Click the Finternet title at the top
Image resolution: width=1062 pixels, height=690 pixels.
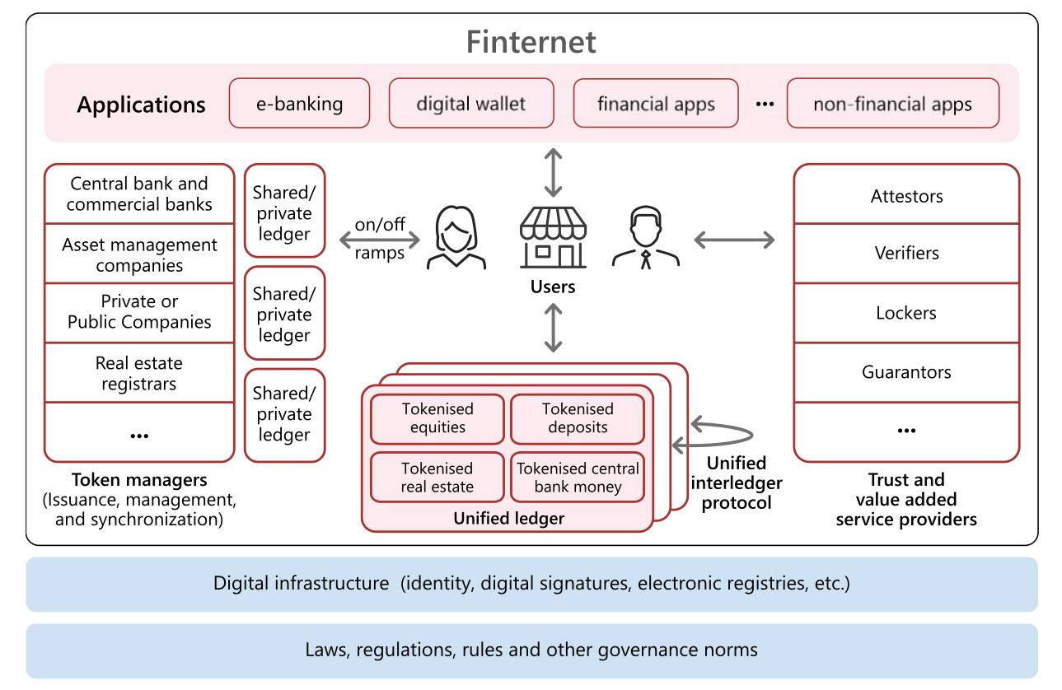click(x=531, y=41)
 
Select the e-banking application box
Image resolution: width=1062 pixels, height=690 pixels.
click(x=299, y=104)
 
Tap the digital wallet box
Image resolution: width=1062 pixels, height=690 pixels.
click(x=471, y=104)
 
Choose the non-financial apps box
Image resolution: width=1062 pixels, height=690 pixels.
click(x=892, y=104)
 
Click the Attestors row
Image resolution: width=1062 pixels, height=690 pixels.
click(x=906, y=196)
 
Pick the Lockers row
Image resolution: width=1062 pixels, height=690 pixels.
click(x=906, y=313)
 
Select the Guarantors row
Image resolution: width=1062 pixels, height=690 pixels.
click(x=906, y=372)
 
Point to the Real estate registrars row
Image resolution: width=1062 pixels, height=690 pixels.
click(x=139, y=373)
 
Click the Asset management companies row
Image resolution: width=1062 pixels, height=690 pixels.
click(x=139, y=254)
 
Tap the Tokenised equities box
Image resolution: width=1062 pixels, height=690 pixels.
click(x=437, y=418)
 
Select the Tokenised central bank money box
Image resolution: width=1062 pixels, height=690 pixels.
click(x=578, y=478)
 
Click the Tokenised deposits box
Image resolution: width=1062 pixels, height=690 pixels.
click(x=578, y=418)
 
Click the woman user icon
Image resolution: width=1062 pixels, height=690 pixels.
click(x=456, y=239)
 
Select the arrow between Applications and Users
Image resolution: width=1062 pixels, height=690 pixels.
click(x=553, y=171)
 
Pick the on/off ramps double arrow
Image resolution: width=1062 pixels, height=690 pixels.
click(x=379, y=240)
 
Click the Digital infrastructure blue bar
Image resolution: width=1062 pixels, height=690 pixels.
click(x=531, y=584)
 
